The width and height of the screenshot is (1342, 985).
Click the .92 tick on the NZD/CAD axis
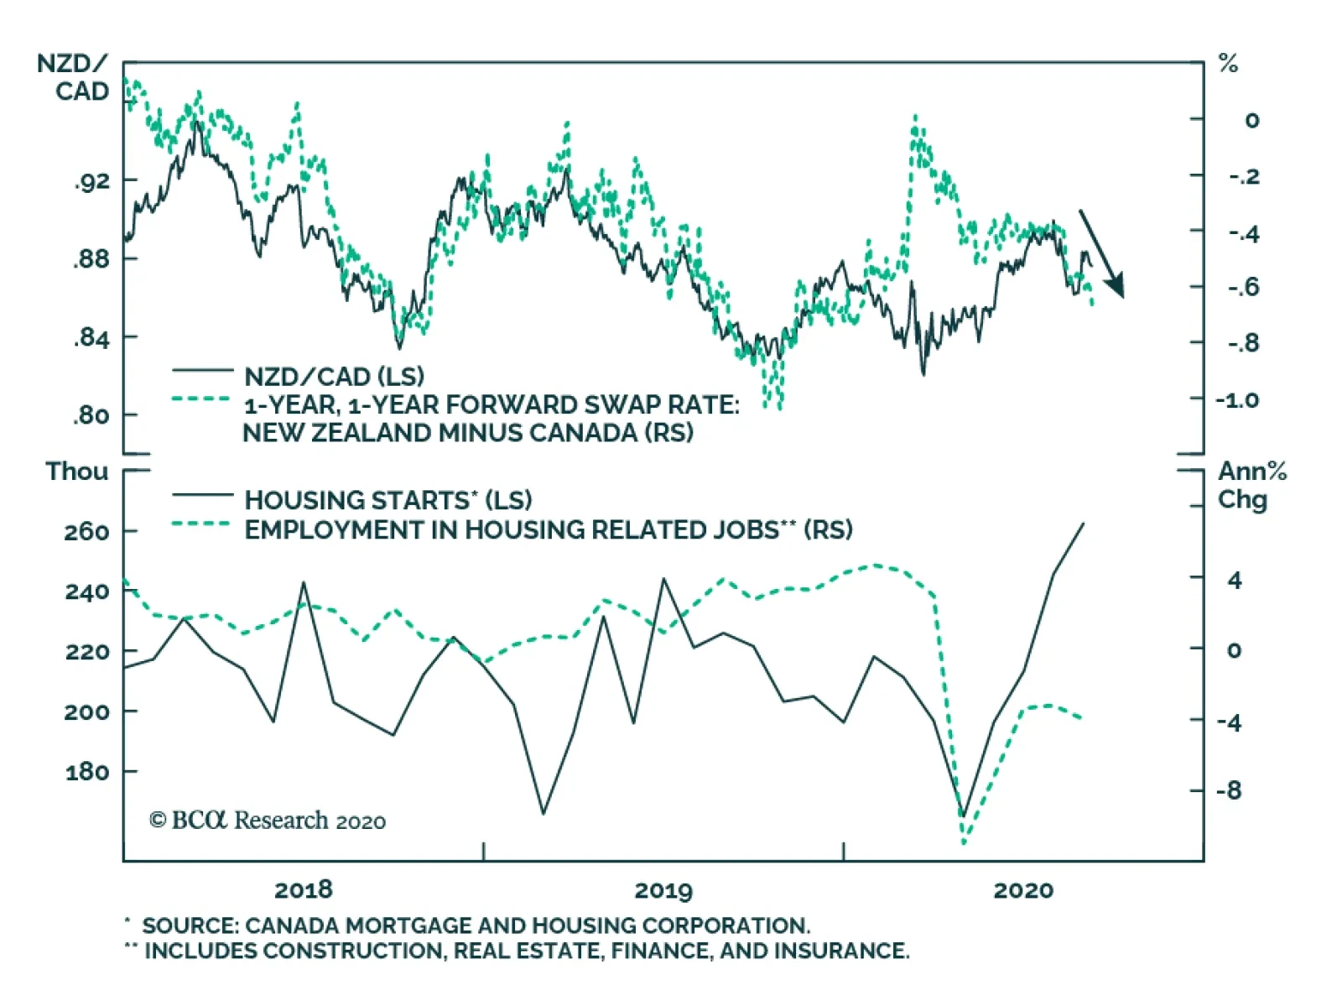92,180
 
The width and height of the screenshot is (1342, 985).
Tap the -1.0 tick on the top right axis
1238,399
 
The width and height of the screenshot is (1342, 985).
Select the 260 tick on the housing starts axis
87,532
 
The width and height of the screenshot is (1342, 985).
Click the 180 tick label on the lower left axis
87,771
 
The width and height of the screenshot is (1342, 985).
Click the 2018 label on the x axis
304,889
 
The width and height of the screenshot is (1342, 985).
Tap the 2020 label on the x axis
1022,889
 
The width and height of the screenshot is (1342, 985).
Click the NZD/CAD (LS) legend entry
334,377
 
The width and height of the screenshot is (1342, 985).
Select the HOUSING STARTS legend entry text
356,500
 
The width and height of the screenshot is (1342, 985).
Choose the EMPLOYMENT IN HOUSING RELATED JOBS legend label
512,530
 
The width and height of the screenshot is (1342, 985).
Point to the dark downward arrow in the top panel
1102,253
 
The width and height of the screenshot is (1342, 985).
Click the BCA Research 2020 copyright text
268,820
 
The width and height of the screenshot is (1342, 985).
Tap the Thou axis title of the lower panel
77,472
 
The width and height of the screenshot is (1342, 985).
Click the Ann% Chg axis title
1251,485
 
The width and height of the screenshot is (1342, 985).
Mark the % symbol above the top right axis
1229,64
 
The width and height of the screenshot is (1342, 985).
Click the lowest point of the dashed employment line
965,842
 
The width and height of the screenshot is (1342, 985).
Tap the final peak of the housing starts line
1083,524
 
